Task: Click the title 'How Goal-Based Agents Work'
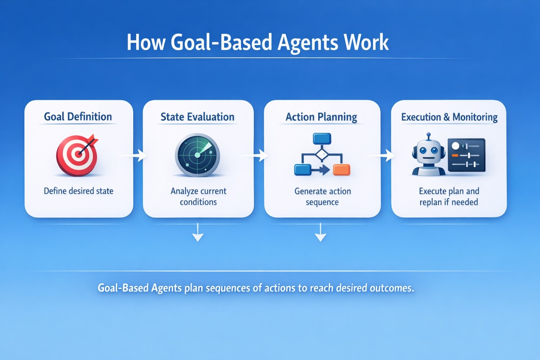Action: pos(258,42)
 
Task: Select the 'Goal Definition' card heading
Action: pos(78,117)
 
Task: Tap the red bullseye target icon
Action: pos(77,155)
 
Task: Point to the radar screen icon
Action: pos(197,155)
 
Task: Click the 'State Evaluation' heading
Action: pos(197,117)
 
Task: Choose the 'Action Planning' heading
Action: pos(321,117)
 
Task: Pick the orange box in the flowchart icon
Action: pos(342,170)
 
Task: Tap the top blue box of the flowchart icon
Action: pos(322,139)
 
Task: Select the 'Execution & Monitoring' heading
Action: pos(449,117)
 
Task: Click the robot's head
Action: pos(428,151)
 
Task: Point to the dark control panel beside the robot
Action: pos(467,155)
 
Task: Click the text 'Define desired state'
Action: pos(78,191)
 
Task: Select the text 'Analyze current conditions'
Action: pos(198,197)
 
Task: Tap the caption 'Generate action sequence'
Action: pos(323,197)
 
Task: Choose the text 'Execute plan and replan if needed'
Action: pos(449,197)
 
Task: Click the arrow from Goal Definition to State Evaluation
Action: pos(133,156)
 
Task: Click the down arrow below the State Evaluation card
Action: pos(198,232)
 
